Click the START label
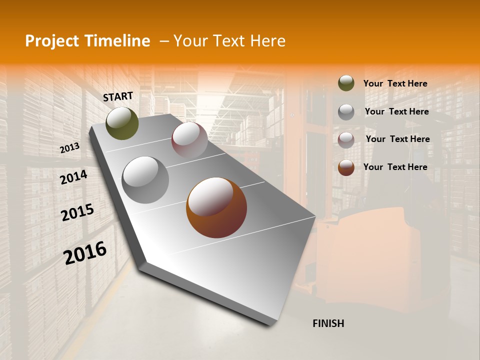pyautogui.click(x=118, y=96)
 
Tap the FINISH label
pyautogui.click(x=328, y=323)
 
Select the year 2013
pyautogui.click(x=69, y=148)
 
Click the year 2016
pyautogui.click(x=85, y=253)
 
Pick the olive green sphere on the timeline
pyautogui.click(x=122, y=123)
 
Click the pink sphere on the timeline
pyautogui.click(x=189, y=139)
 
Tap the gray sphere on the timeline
pyautogui.click(x=145, y=180)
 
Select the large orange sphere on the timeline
pyautogui.click(x=216, y=207)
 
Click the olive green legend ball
pyautogui.click(x=346, y=83)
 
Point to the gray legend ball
pyautogui.click(x=346, y=112)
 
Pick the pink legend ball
pyautogui.click(x=346, y=140)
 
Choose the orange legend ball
pyautogui.click(x=346, y=167)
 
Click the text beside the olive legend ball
pyautogui.click(x=395, y=84)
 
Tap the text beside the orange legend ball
pyautogui.click(x=395, y=167)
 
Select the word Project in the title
pyautogui.click(x=52, y=41)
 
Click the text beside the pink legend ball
pyautogui.click(x=397, y=139)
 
